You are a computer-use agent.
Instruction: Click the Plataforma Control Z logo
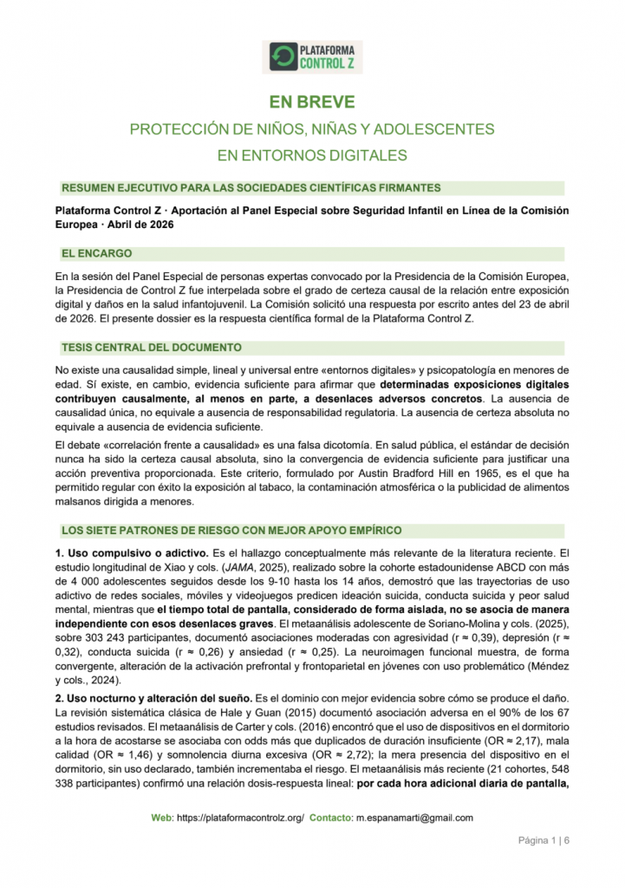point(312,56)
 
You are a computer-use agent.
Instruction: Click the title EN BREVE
point(312,102)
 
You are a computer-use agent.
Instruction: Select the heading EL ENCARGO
point(96,254)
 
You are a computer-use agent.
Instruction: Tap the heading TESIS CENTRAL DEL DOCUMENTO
point(151,348)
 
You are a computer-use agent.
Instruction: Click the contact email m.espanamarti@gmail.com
point(414,818)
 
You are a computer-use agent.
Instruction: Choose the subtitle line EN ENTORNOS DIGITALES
point(312,156)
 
